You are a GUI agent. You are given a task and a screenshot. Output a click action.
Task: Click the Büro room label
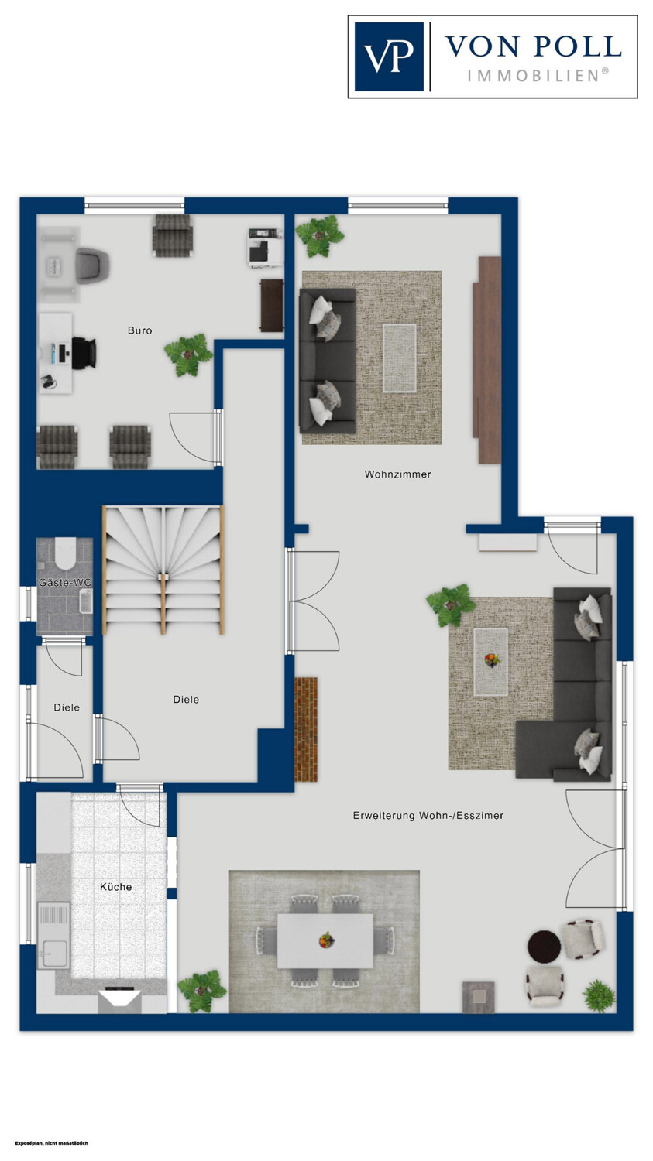139,330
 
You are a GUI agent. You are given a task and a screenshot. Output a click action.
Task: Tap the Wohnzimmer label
398,474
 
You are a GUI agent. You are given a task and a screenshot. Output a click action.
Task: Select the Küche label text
115,887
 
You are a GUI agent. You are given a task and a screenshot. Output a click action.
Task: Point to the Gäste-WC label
65,583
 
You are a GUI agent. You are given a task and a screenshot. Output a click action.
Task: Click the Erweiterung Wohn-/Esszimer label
428,815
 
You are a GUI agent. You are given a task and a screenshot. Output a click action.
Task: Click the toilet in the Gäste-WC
65,553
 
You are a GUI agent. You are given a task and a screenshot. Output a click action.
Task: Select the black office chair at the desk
84,353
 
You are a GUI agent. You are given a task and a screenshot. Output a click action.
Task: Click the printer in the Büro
265,248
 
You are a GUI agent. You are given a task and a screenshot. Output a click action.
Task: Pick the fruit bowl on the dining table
326,940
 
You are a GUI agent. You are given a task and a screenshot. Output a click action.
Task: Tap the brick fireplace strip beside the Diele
306,729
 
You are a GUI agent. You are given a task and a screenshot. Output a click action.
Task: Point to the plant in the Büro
188,355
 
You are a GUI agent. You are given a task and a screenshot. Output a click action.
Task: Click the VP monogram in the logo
389,57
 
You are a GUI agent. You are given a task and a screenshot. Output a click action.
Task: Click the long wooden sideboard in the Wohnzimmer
486,360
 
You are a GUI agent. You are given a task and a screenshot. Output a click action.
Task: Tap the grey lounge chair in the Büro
92,265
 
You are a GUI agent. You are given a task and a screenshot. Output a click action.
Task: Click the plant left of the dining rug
201,991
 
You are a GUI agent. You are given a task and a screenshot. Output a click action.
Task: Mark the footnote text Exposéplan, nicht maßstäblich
51,1142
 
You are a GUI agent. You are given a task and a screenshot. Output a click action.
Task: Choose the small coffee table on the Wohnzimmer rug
400,358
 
